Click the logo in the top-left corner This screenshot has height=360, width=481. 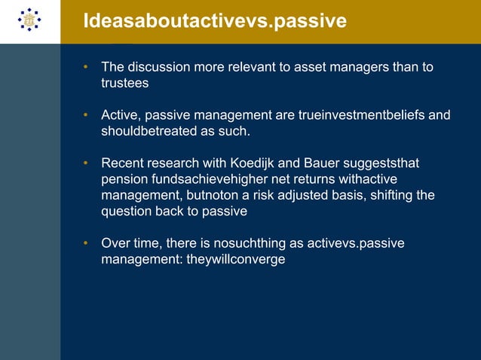tap(29, 21)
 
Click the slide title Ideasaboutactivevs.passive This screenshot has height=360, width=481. tap(214, 20)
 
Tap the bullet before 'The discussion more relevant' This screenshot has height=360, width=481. tap(87, 68)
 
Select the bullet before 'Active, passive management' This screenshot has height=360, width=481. tap(87, 115)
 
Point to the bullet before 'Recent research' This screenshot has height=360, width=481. tap(87, 163)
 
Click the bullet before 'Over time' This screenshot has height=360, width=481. tap(87, 244)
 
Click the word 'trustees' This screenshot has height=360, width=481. tap(125, 84)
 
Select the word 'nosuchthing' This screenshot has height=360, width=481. tap(273, 244)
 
